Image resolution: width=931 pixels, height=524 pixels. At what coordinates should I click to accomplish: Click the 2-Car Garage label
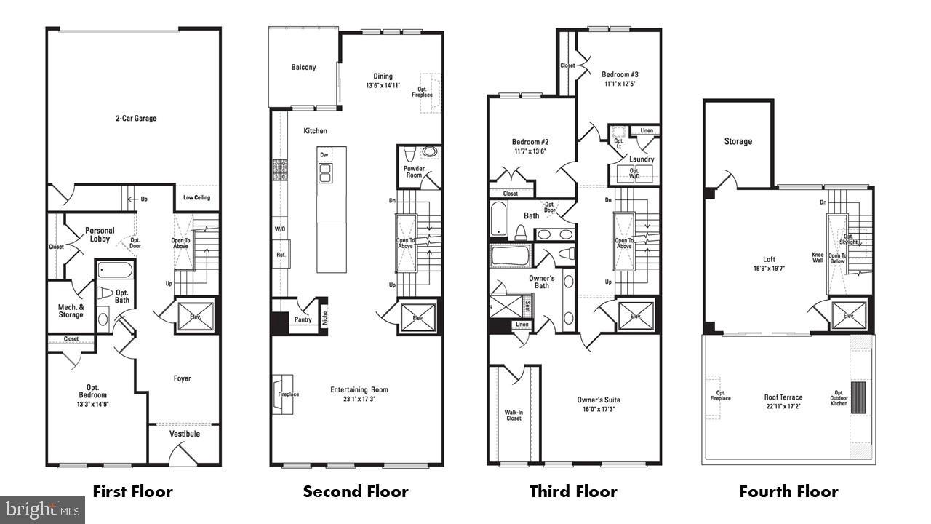135,118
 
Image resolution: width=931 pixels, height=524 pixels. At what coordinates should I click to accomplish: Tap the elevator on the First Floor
196,316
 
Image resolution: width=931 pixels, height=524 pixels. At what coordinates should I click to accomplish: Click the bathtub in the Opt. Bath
115,271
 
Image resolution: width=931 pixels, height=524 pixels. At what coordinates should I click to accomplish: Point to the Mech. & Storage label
71,311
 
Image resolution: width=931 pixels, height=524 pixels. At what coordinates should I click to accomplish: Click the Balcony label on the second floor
303,68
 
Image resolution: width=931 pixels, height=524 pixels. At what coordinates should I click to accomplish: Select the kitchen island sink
325,172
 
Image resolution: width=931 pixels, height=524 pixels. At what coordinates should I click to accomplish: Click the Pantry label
303,319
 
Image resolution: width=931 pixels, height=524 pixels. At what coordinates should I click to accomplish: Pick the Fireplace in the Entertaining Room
283,394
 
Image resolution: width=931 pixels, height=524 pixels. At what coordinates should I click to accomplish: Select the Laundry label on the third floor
641,159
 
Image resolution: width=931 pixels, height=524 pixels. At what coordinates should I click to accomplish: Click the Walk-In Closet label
514,416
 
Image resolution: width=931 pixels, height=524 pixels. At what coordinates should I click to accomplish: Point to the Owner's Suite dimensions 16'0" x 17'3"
599,410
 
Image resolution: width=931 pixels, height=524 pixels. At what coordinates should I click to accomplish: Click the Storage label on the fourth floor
738,141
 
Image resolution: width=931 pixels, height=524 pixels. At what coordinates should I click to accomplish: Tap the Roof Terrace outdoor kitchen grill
859,397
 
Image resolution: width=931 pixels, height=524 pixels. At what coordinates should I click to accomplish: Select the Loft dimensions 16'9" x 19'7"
769,269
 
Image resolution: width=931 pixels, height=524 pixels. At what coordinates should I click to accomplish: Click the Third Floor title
573,491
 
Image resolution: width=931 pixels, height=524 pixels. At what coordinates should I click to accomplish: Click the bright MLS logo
42,509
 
